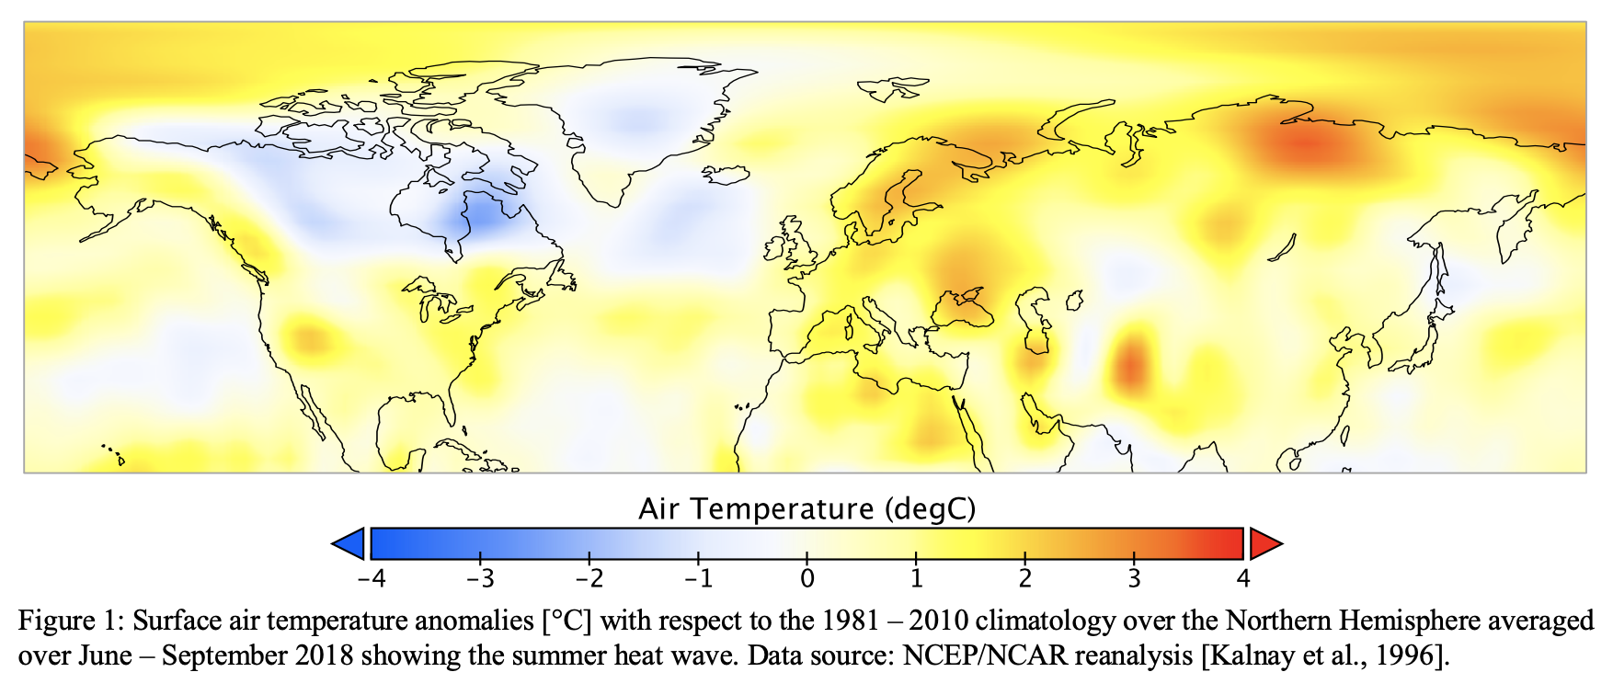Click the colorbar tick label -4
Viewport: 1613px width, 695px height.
pyautogui.click(x=371, y=578)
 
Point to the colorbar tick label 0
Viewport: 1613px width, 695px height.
pyautogui.click(x=806, y=578)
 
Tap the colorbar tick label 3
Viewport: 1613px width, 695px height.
pyautogui.click(x=1134, y=578)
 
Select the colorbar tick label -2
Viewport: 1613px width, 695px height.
pyautogui.click(x=589, y=578)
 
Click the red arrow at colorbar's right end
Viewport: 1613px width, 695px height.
pyautogui.click(x=1264, y=544)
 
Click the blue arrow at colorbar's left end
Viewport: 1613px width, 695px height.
pyautogui.click(x=349, y=544)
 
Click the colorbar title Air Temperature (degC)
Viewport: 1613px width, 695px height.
pyautogui.click(x=806, y=508)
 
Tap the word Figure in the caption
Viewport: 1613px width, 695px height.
pyautogui.click(x=56, y=621)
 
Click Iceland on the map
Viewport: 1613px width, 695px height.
pyautogui.click(x=726, y=174)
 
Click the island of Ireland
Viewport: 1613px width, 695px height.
pyautogui.click(x=772, y=247)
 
